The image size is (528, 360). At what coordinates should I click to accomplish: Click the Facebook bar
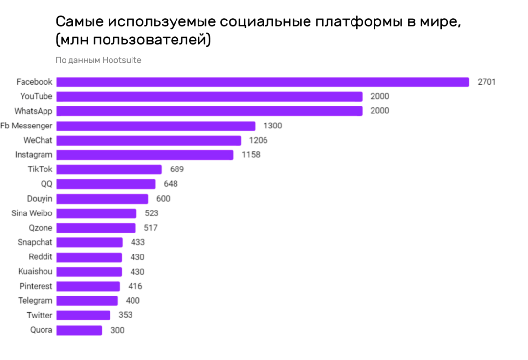(263, 82)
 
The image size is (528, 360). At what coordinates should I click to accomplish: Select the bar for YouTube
(209, 97)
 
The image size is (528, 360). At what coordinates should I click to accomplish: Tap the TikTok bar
(109, 169)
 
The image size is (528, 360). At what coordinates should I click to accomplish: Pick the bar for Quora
(79, 330)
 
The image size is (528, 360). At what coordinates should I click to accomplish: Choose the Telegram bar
(87, 301)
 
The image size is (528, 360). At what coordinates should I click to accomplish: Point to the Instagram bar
(145, 155)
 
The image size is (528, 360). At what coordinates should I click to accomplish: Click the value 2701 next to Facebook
(486, 82)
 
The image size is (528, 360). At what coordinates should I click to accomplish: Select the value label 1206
(258, 141)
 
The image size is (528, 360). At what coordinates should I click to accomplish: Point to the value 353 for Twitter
(126, 315)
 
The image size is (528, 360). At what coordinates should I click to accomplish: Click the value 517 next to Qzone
(151, 228)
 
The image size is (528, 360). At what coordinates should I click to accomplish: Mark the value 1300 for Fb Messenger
(272, 126)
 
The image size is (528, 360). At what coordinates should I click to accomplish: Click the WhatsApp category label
(33, 111)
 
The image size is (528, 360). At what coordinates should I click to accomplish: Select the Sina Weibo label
(32, 213)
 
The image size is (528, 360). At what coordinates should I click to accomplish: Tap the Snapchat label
(35, 242)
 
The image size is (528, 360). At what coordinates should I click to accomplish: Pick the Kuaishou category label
(35, 272)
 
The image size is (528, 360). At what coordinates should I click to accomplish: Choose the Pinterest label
(36, 286)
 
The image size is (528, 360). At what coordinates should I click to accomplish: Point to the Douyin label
(40, 199)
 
